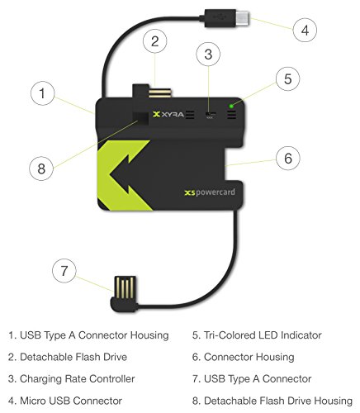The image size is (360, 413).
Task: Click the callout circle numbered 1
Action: [x=42, y=93]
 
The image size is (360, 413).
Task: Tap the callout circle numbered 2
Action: [x=155, y=41]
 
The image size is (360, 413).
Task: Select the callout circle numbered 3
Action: [x=208, y=54]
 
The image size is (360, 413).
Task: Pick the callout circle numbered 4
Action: [x=305, y=30]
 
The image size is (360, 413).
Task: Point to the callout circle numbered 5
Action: [x=287, y=78]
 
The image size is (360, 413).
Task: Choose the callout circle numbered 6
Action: [x=288, y=158]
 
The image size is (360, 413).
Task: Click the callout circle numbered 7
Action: [x=64, y=271]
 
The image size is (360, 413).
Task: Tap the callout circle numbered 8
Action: [x=41, y=169]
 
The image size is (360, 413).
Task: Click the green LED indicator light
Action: [x=231, y=106]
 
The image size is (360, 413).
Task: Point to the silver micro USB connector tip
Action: [x=243, y=17]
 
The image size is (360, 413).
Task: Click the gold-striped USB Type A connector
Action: [x=125, y=287]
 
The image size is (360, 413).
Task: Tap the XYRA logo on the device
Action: [x=168, y=114]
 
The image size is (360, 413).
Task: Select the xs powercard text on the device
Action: [x=210, y=192]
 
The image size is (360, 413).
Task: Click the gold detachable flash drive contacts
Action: [x=160, y=93]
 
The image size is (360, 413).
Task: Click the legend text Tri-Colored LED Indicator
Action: [x=263, y=335]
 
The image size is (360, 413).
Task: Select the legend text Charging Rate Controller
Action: [x=78, y=379]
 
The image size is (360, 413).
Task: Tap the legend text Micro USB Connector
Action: [x=71, y=401]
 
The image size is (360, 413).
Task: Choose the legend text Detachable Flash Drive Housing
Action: [x=278, y=401]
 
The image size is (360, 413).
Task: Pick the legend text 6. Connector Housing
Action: [x=244, y=357]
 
